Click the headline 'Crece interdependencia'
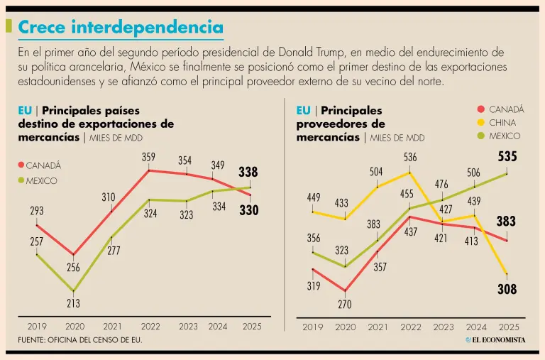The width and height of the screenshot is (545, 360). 120,27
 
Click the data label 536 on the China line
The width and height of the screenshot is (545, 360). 410,157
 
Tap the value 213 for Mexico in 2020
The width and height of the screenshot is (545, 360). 74,303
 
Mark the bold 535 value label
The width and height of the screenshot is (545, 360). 507,157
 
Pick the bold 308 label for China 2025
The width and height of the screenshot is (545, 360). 507,289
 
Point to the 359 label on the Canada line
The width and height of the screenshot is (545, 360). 148,156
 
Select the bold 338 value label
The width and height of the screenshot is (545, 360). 248,172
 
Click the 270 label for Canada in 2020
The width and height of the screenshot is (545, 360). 345,304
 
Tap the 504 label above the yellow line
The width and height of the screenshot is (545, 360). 376,171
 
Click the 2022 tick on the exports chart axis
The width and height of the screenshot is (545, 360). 150,327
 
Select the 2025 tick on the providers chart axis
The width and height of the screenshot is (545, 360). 509,327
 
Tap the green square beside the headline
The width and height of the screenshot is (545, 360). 9,26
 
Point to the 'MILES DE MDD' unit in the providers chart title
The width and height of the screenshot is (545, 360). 397,138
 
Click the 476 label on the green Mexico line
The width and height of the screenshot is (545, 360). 441,185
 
